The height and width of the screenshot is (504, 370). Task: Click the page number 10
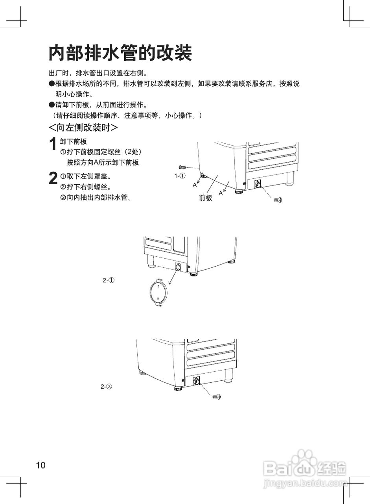point(41,465)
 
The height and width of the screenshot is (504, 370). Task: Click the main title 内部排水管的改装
point(120,53)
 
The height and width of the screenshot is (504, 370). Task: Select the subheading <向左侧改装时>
point(83,128)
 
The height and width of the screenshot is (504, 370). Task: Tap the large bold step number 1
point(52,145)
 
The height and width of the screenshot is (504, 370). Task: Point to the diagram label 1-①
point(180,176)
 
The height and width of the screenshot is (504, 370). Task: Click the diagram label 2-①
point(109,280)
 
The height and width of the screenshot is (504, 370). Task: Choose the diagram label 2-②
point(107,386)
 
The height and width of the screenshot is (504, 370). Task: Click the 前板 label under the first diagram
point(206,198)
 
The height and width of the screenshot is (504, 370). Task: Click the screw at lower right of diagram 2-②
point(216,395)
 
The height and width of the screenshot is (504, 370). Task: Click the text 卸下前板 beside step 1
point(74,142)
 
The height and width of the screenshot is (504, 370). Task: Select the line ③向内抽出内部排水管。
point(96,197)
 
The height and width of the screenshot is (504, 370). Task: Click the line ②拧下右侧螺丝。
point(85,187)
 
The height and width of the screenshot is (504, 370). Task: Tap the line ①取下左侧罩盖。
point(85,176)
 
